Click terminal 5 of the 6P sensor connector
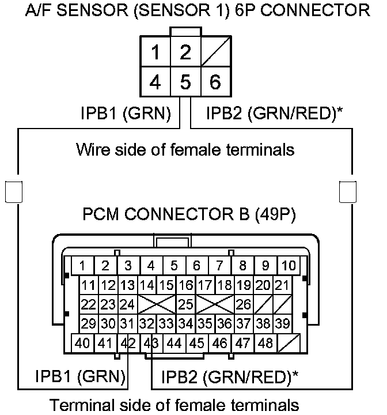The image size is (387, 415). pyautogui.click(x=185, y=82)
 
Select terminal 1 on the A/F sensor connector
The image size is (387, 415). pyautogui.click(x=155, y=52)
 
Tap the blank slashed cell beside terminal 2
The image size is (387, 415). pyautogui.click(x=215, y=52)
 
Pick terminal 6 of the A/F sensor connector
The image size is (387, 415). pyautogui.click(x=215, y=82)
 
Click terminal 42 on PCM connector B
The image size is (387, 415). pyautogui.click(x=128, y=344)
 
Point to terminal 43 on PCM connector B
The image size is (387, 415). pyautogui.click(x=151, y=344)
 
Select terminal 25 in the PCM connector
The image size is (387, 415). pyautogui.click(x=185, y=304)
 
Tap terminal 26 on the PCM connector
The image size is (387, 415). pyautogui.click(x=243, y=304)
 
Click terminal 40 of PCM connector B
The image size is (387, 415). pyautogui.click(x=82, y=344)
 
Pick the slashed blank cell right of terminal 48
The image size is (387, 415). pyautogui.click(x=287, y=344)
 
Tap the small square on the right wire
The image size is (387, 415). pyautogui.click(x=347, y=191)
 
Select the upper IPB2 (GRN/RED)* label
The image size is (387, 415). pyautogui.click(x=274, y=114)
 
